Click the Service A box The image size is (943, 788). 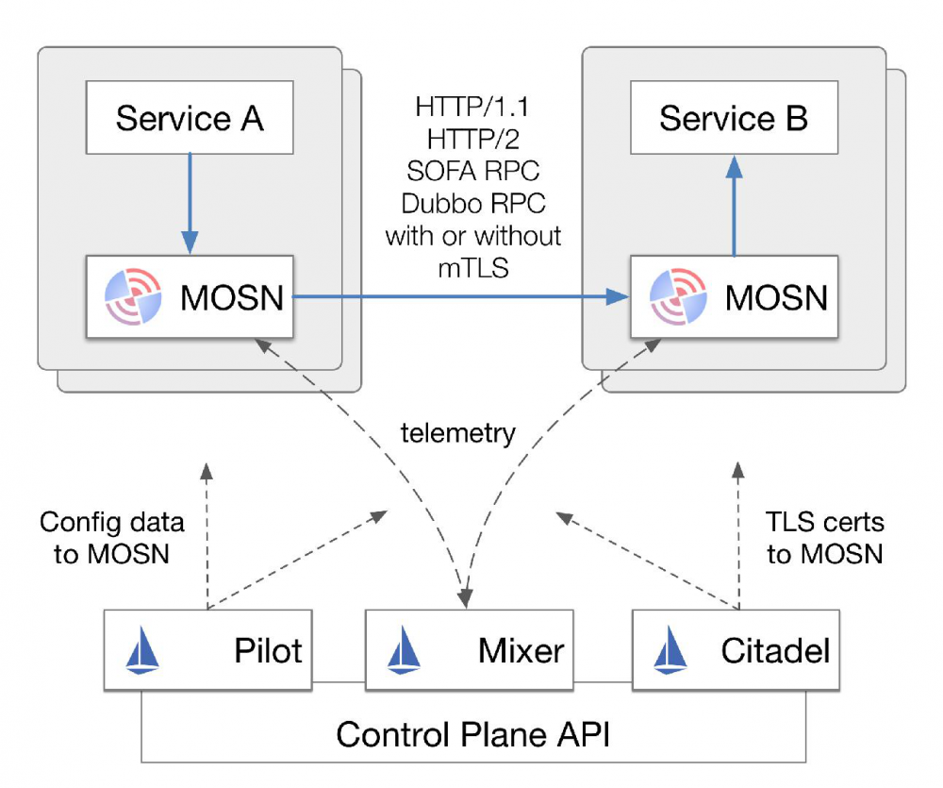click(189, 118)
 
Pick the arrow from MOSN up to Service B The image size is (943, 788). click(734, 204)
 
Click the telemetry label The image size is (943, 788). click(458, 433)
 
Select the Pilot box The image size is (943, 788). click(207, 649)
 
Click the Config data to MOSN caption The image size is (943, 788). click(111, 537)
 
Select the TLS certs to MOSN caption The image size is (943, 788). click(824, 537)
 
